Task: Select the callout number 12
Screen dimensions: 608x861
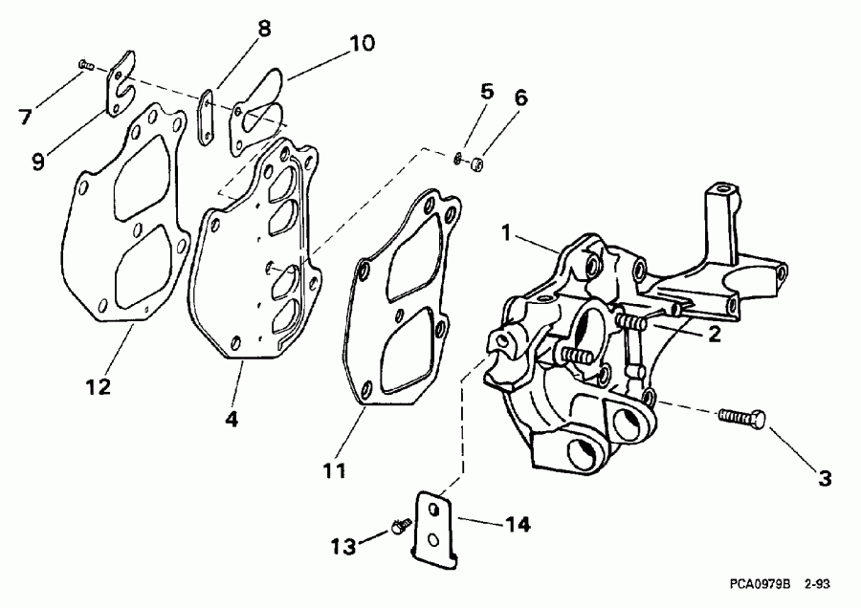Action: (98, 387)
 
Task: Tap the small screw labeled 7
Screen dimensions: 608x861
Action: (84, 64)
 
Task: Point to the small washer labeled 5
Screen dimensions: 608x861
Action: (460, 158)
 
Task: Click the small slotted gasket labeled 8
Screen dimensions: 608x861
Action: (205, 119)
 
